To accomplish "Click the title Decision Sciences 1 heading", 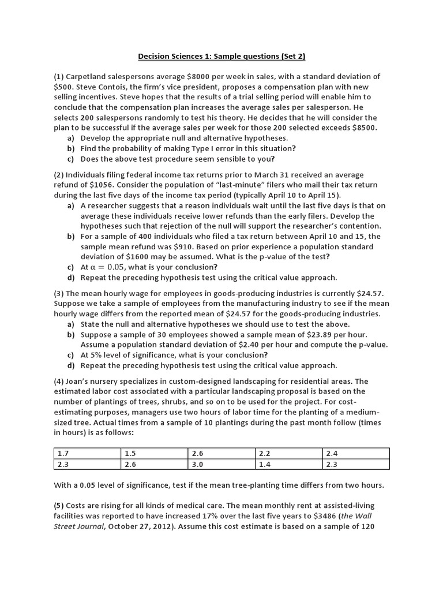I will click(x=221, y=57).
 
